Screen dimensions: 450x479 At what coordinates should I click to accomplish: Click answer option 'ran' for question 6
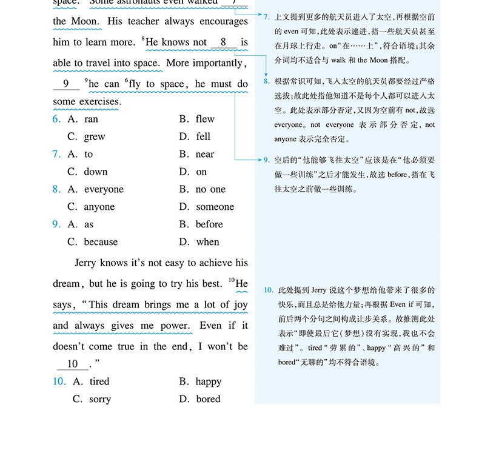click(x=91, y=119)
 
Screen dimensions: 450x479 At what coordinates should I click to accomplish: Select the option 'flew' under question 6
click(x=205, y=119)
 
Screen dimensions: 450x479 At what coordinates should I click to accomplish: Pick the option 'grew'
click(x=95, y=137)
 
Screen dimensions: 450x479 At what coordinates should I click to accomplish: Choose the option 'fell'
click(x=203, y=137)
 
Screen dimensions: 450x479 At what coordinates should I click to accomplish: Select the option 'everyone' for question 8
click(x=104, y=190)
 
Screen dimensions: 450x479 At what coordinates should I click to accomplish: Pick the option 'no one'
click(x=210, y=190)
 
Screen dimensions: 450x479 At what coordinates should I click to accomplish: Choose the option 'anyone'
click(x=99, y=207)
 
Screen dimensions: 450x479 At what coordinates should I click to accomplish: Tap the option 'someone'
click(x=215, y=207)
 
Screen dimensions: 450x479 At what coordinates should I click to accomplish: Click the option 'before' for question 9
click(x=209, y=225)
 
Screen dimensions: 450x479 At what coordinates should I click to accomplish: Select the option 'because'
click(x=101, y=243)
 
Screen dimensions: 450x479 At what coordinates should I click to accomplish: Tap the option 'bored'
click(x=208, y=400)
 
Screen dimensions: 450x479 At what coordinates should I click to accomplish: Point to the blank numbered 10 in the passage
click(x=73, y=364)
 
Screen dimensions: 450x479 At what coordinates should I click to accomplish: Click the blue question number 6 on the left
click(x=56, y=119)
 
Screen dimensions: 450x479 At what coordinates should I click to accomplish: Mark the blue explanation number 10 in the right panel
click(x=269, y=290)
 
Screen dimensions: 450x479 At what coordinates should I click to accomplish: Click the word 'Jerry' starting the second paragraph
click(x=89, y=263)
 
